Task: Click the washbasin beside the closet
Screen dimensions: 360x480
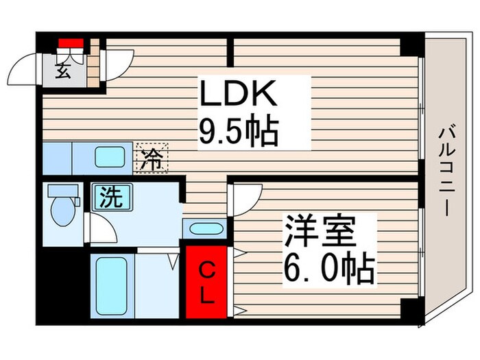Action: tap(204, 229)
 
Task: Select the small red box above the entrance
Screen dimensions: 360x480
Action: tap(70, 43)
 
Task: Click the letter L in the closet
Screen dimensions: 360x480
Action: tap(206, 296)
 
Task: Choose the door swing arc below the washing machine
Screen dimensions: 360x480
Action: tap(104, 228)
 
